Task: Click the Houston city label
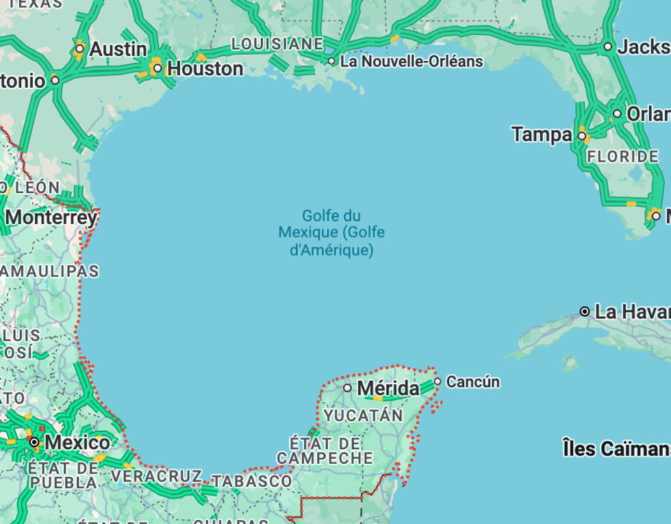tap(205, 69)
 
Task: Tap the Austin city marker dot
tap(79, 49)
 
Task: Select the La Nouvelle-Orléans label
tap(412, 62)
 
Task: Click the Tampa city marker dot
tap(582, 136)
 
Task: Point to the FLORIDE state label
tap(622, 156)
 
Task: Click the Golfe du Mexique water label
tap(331, 233)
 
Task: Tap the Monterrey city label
tap(51, 218)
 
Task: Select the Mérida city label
tap(388, 388)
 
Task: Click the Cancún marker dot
tap(438, 382)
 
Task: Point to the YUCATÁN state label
tap(364, 416)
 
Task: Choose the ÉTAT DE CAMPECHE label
tap(325, 450)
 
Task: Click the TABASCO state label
tap(252, 482)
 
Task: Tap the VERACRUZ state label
tap(156, 475)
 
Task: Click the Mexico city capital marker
tap(34, 442)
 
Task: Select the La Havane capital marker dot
tap(585, 312)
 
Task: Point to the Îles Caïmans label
tap(616, 449)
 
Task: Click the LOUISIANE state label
tap(277, 44)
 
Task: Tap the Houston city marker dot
tap(157, 68)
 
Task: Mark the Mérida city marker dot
tap(347, 388)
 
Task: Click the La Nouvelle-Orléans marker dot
tap(331, 61)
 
